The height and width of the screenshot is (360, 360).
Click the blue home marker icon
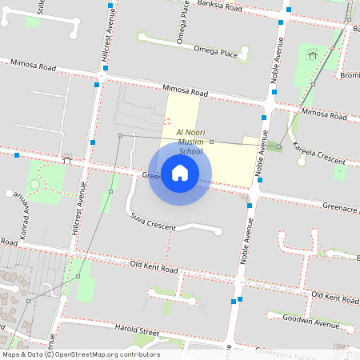click(180, 172)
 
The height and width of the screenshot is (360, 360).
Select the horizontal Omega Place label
click(216, 50)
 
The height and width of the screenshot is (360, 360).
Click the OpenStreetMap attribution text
click(81, 354)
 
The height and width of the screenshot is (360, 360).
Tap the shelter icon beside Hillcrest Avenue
click(67, 159)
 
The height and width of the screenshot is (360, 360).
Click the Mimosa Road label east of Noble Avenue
click(325, 114)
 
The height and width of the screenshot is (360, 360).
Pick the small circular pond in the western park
click(34, 185)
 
